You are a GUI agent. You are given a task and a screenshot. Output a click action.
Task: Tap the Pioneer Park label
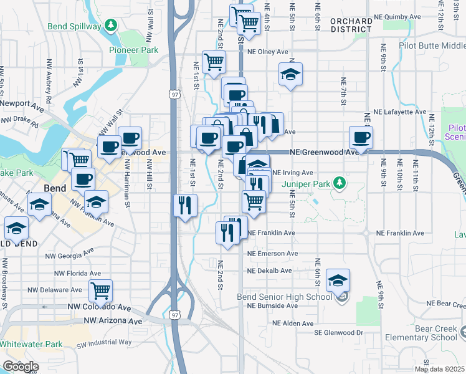(x=130, y=50)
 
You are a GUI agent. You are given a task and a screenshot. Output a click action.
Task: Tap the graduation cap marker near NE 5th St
(x=290, y=74)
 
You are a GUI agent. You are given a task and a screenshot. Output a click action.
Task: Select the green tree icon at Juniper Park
(x=339, y=183)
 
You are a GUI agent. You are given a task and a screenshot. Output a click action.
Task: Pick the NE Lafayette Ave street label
(x=399, y=112)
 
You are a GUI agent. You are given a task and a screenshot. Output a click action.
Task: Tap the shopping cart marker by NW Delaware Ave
(x=100, y=290)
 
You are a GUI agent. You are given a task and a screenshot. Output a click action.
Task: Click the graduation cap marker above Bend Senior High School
(x=338, y=280)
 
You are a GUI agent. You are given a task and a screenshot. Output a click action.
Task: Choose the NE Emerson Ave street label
(x=272, y=254)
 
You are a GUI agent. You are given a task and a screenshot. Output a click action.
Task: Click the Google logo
(x=21, y=367)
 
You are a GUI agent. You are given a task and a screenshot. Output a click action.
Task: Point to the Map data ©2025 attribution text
(x=439, y=369)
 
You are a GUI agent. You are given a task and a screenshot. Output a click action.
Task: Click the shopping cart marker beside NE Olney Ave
(x=214, y=62)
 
